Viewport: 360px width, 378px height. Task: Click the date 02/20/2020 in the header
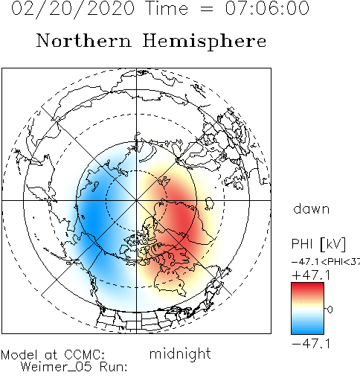tap(73, 9)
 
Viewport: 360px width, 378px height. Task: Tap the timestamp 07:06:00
tap(267, 8)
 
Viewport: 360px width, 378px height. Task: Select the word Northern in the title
tap(84, 40)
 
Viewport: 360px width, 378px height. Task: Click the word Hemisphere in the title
tap(205, 42)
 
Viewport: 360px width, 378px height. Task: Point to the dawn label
tap(312, 209)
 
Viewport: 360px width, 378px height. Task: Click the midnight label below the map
tap(180, 353)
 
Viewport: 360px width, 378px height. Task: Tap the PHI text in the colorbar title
tap(302, 243)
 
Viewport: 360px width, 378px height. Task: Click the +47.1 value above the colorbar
tap(312, 275)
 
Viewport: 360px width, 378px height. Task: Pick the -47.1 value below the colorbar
tap(312, 344)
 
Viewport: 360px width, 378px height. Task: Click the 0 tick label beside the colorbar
tap(330, 310)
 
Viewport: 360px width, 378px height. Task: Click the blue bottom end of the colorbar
tap(307, 330)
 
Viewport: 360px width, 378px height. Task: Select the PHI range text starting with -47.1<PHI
tap(326, 262)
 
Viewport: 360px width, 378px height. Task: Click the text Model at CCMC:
tap(53, 355)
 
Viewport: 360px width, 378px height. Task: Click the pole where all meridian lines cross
tap(136, 200)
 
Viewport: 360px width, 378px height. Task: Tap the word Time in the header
tap(167, 8)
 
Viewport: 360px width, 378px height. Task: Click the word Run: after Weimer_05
tap(113, 367)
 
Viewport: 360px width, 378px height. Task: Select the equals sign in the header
tap(206, 10)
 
